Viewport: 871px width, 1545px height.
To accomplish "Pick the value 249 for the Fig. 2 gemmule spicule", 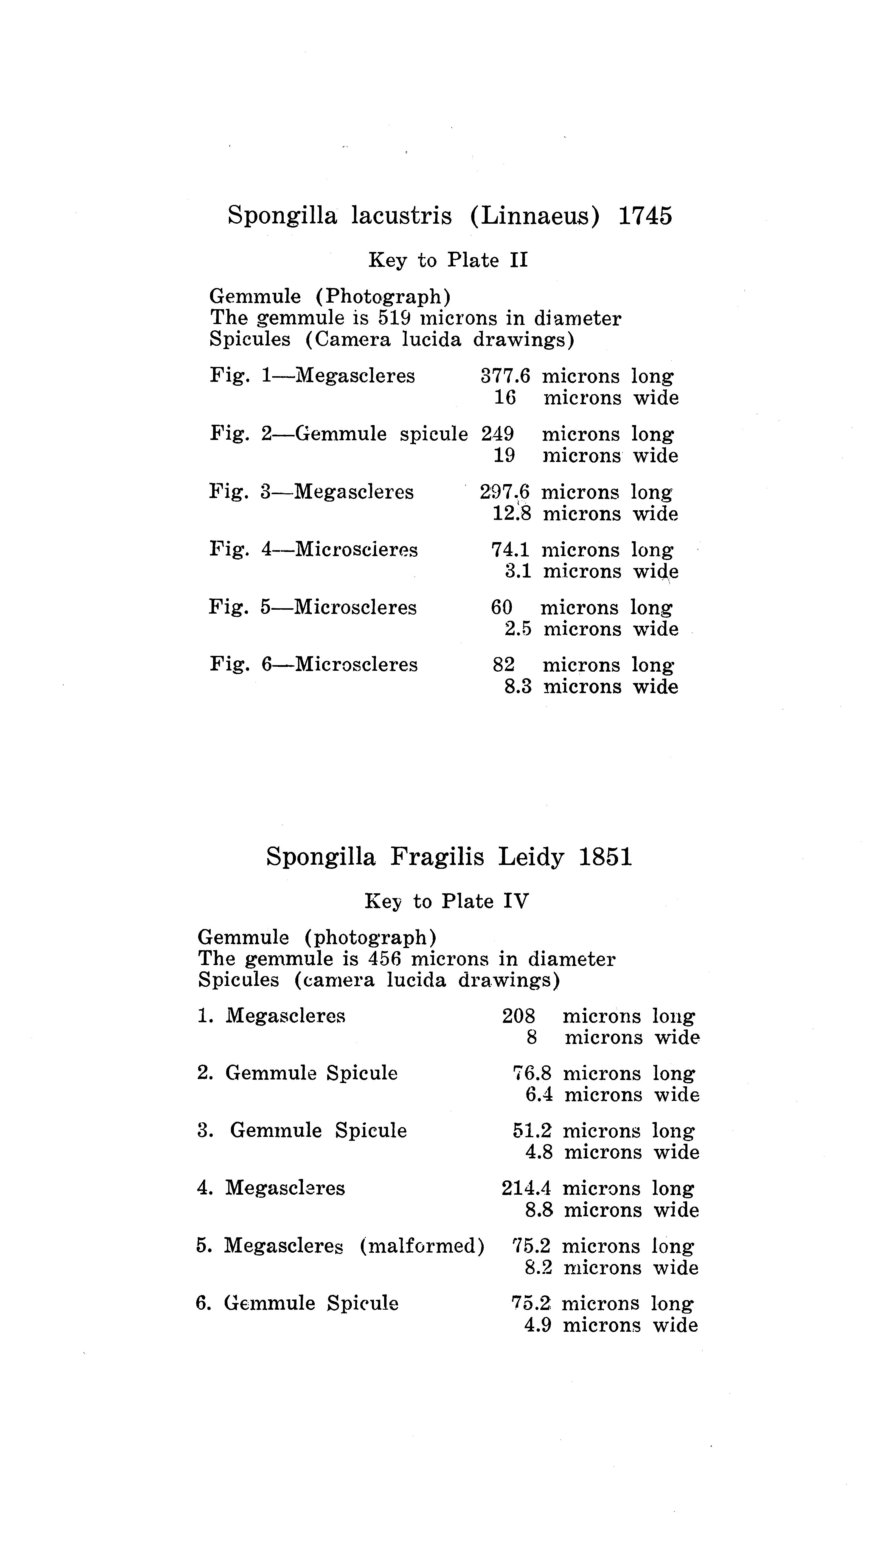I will pyautogui.click(x=497, y=434).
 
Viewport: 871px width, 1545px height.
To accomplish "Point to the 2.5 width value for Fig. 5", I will pyautogui.click(x=518, y=629).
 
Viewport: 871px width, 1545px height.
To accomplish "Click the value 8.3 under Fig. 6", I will pyautogui.click(x=518, y=687).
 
